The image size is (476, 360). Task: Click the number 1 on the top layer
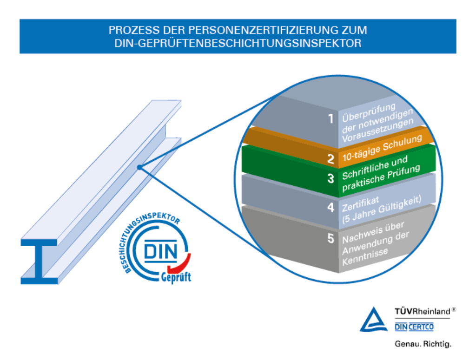click(x=331, y=119)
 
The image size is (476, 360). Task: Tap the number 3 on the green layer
click(x=331, y=178)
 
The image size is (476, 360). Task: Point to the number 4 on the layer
click(x=331, y=207)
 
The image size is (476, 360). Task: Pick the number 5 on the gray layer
click(x=331, y=239)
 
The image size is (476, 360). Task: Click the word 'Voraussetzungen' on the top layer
click(x=377, y=131)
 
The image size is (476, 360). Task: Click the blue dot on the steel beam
click(x=139, y=168)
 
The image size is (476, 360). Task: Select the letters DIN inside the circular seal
click(x=159, y=251)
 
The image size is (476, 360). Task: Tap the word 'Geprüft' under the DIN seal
click(x=176, y=277)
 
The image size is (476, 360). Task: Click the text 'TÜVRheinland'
click(x=422, y=311)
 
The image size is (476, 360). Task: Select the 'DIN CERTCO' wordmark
click(x=414, y=327)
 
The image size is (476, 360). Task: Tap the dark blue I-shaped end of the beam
click(x=40, y=262)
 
